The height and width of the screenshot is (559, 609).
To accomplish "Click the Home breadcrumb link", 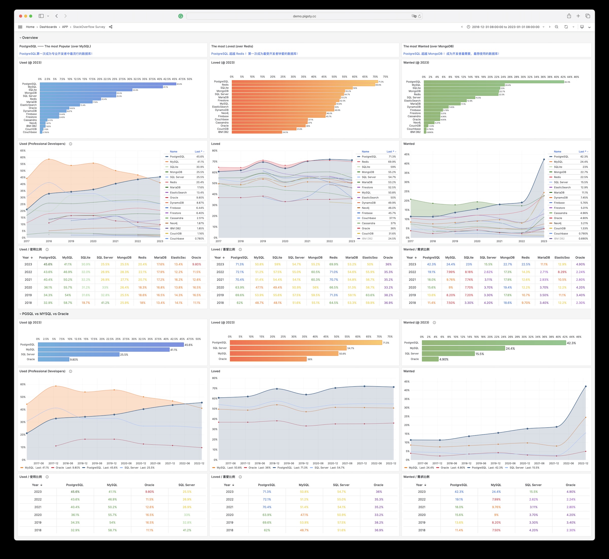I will click(30, 27).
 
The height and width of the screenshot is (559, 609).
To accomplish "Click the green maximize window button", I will click(31, 16).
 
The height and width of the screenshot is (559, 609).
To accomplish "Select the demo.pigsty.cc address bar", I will click(304, 16).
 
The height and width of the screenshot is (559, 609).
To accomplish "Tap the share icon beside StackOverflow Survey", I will click(111, 27).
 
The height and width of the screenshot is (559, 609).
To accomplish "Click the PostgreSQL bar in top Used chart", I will click(108, 84).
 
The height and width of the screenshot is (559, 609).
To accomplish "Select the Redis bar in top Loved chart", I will click(303, 85).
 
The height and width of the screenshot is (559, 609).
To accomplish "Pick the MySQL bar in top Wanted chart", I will click(464, 85).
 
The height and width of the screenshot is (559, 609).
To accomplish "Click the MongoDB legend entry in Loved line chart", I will click(368, 172).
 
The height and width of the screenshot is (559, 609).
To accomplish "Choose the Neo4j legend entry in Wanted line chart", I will click(557, 223).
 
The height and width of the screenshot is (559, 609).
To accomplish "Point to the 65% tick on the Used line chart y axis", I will click(23, 151).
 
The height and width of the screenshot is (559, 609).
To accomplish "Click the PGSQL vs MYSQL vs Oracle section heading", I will click(45, 314).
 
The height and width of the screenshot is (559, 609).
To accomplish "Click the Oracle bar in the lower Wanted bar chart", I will click(430, 359).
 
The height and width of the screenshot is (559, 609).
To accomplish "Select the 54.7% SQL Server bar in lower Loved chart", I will click(288, 348).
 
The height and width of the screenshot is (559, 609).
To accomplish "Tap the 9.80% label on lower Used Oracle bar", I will click(74, 360).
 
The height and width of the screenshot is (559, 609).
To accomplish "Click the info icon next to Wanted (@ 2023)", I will click(434, 322).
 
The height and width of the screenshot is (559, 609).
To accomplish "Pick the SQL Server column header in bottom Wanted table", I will click(533, 485).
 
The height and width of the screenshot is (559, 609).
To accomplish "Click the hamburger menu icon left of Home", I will click(20, 27).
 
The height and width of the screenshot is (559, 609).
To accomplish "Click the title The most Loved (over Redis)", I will click(232, 46).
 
